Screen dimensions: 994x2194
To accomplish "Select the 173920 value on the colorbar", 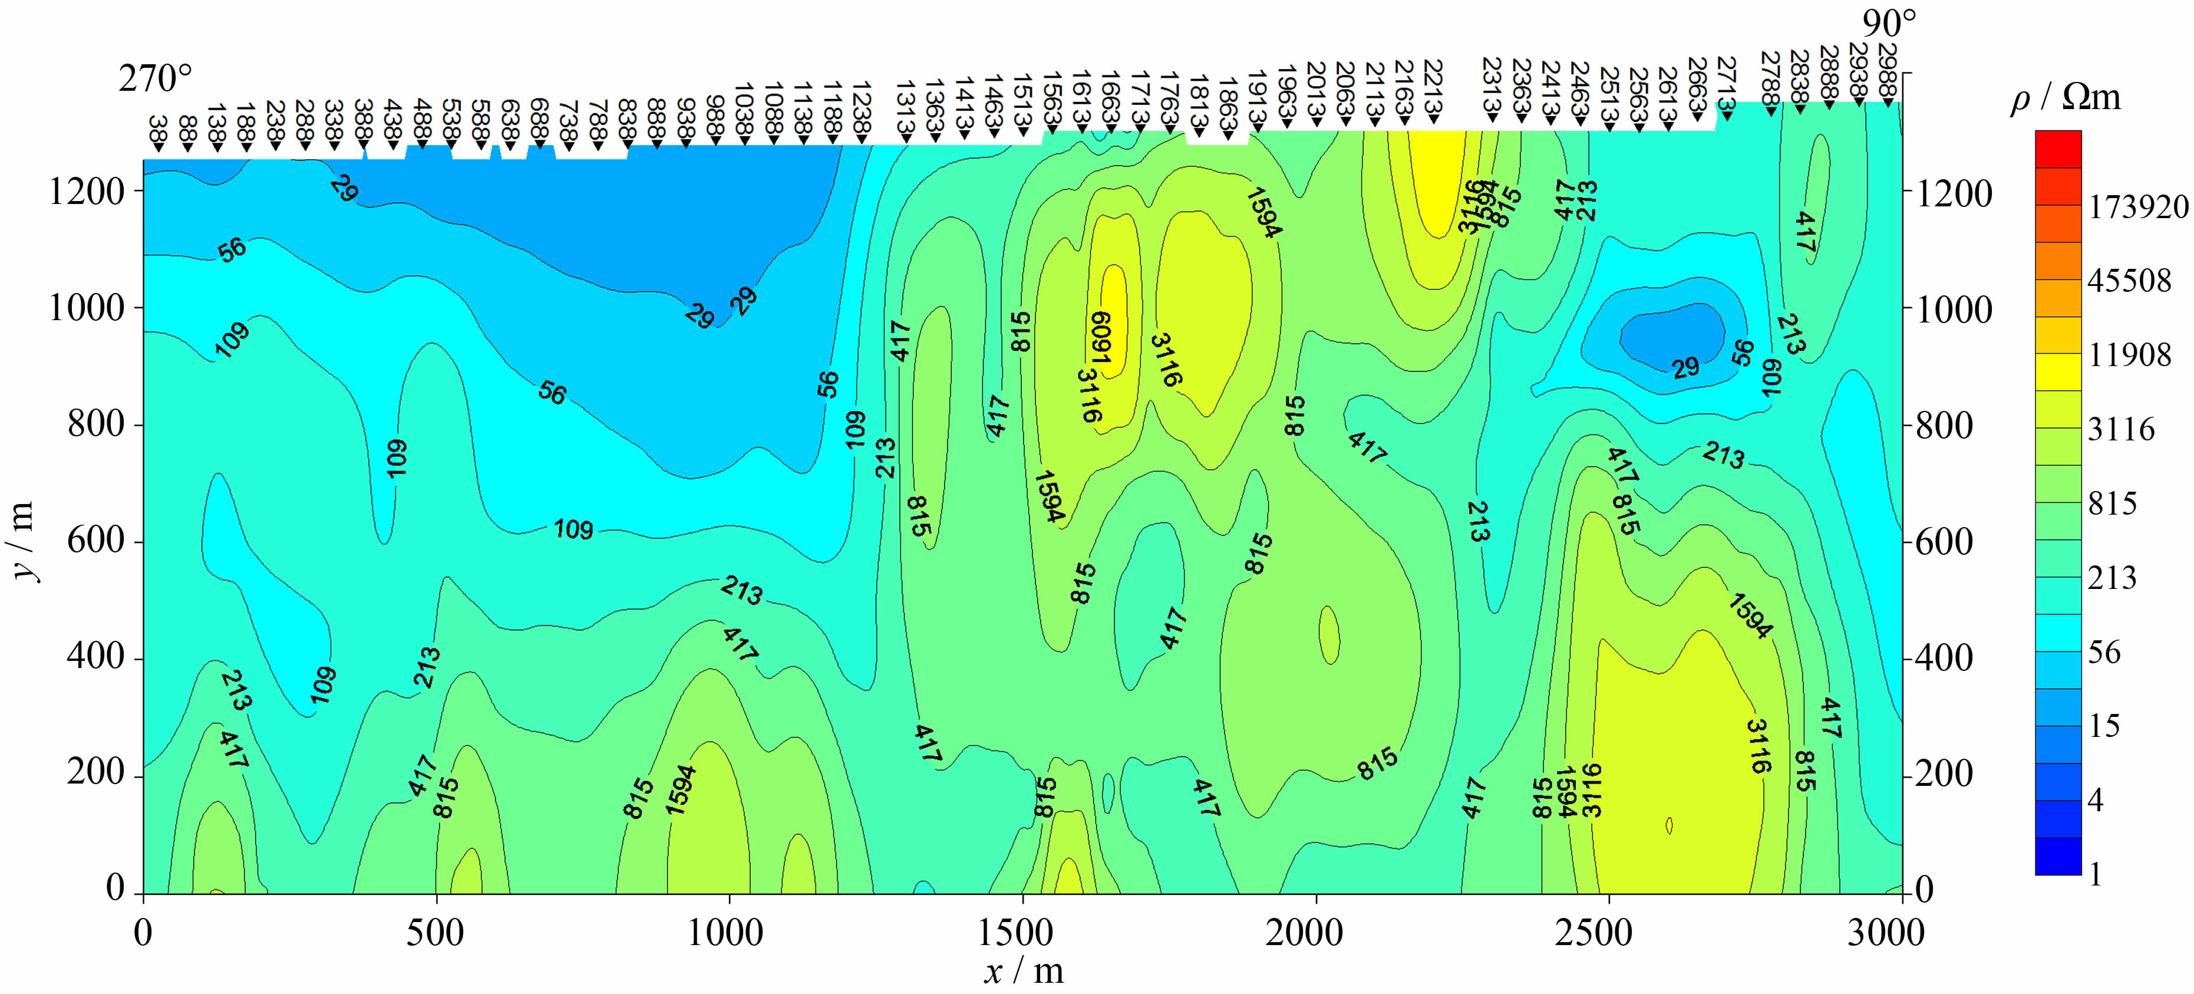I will [x=2138, y=206].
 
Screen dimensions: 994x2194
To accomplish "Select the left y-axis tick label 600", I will [x=95, y=541].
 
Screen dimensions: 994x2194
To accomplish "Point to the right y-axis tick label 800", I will [x=1942, y=425].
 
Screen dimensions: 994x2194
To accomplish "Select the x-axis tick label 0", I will [x=143, y=933].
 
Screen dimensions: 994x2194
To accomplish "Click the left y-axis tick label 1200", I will [x=87, y=193].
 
